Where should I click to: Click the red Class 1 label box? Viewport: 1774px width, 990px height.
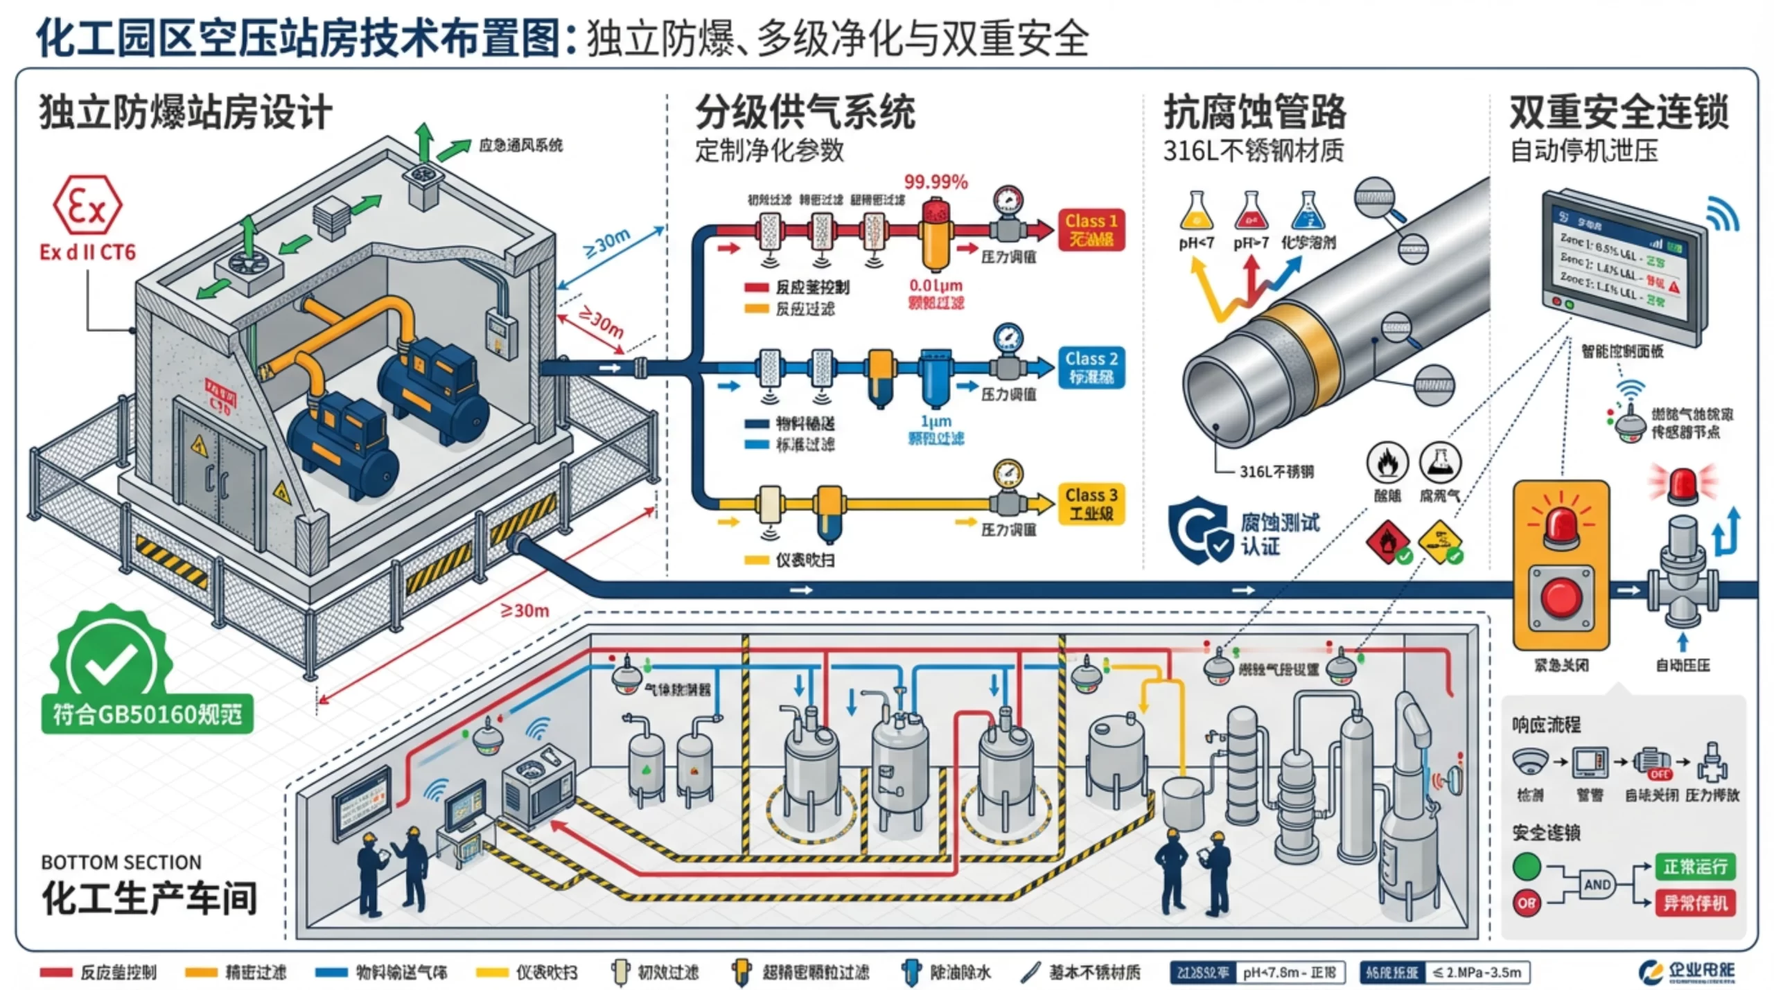point(1091,230)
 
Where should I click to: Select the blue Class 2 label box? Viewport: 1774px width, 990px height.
point(1091,368)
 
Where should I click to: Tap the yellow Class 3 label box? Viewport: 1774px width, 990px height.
point(1091,504)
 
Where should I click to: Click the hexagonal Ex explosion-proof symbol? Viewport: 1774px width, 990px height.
point(87,206)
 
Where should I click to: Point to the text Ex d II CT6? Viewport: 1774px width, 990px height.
point(87,252)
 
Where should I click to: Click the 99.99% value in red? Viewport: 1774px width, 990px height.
point(936,182)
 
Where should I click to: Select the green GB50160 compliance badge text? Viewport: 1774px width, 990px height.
point(148,714)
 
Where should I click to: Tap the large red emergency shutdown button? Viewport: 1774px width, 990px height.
point(1561,597)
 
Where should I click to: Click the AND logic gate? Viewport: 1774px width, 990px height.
point(1597,885)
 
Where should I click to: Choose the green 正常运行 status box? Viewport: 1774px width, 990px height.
point(1694,867)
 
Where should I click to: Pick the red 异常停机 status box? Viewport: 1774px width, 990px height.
point(1694,903)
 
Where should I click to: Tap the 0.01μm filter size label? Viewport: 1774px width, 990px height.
point(936,285)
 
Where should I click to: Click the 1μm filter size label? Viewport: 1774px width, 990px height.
point(936,421)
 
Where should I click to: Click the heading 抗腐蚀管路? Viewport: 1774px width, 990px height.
point(1254,112)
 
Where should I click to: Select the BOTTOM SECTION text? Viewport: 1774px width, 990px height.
point(121,863)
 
